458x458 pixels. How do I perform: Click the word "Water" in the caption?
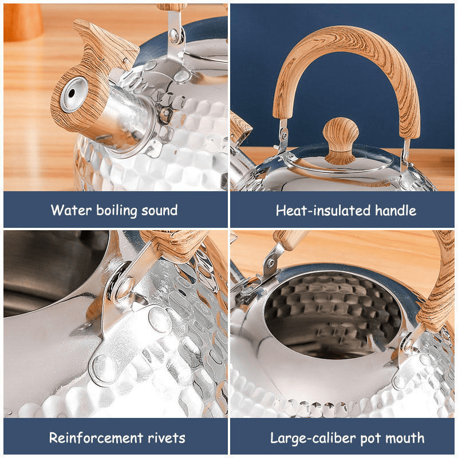click(71, 210)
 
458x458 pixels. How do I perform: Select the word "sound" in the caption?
click(160, 210)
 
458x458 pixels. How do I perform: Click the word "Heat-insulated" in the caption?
click(323, 210)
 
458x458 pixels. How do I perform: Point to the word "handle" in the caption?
click(396, 210)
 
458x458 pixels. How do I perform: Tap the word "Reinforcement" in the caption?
click(96, 437)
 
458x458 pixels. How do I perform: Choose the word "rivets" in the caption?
click(167, 438)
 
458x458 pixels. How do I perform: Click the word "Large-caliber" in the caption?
click(313, 438)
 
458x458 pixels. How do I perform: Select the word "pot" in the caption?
click(370, 439)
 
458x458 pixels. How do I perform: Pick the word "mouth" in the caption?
click(405, 438)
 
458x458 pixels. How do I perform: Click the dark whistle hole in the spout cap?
click(72, 93)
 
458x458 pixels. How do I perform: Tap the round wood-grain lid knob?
click(341, 141)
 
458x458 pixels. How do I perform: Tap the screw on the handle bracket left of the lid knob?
click(283, 135)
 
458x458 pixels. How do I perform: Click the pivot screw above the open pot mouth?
click(271, 263)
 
